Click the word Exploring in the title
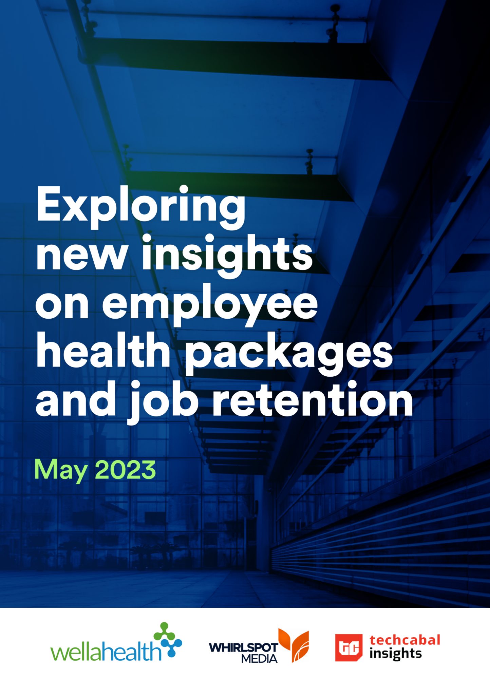point(141,207)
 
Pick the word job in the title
point(163,402)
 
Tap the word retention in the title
point(313,399)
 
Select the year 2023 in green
point(125,469)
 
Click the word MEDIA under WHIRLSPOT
point(259,659)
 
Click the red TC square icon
point(349,648)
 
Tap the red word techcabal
point(405,640)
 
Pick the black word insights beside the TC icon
point(396,654)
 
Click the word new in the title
point(82,258)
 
